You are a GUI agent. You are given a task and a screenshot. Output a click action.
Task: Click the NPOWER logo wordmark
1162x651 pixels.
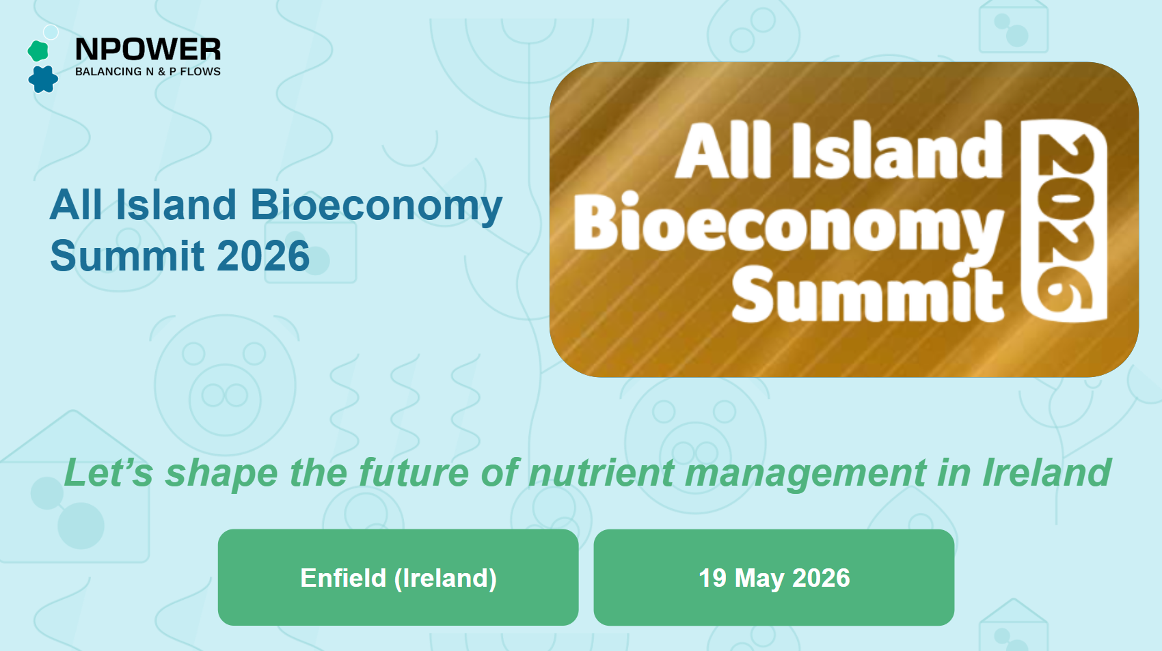tap(148, 49)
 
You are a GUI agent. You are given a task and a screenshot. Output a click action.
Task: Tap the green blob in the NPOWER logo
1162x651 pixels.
tap(38, 51)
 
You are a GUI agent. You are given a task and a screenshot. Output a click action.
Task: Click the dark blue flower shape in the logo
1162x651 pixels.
tap(43, 79)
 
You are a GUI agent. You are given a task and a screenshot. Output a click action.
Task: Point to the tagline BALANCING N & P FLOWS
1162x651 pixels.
tap(148, 72)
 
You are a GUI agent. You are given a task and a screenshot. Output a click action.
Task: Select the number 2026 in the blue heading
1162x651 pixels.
tap(264, 256)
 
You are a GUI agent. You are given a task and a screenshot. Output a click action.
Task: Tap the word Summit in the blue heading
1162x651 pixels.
tap(127, 256)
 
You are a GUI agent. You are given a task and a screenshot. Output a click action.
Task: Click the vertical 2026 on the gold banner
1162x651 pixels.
tap(1064, 220)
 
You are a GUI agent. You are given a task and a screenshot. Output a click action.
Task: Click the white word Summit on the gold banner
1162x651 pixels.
tap(867, 294)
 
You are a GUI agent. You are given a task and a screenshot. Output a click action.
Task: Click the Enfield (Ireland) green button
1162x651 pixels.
tap(398, 577)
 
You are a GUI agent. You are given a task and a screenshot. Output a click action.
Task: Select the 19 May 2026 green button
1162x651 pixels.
tap(774, 577)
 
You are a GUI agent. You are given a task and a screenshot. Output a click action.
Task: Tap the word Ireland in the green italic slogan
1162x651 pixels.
tap(1046, 473)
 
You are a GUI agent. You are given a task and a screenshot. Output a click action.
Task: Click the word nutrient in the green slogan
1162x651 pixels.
tap(601, 473)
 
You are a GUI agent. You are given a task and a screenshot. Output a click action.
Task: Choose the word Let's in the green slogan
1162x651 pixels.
tap(108, 473)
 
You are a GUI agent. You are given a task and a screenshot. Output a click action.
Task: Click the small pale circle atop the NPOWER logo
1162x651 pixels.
tap(51, 32)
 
